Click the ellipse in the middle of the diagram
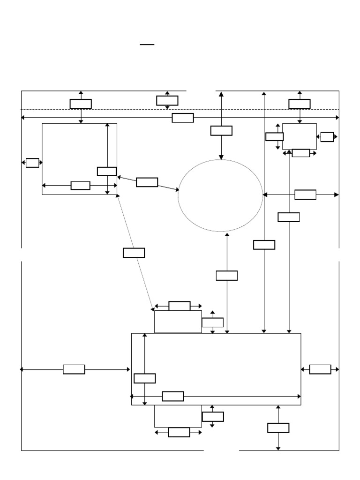220,195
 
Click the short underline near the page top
147,45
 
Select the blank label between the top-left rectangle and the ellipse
147,182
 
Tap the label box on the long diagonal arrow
134,253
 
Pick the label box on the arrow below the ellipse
227,275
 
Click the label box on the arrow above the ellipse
221,130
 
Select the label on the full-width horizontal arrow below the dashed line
182,118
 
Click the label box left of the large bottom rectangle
74,369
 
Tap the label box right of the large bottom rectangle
320,369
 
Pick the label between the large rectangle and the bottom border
278,427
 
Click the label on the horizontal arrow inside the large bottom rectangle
172,396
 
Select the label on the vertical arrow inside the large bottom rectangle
144,378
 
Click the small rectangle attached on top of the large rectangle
178,322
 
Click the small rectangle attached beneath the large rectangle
178,416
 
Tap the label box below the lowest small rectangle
179,432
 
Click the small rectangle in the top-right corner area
299,136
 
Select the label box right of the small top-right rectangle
327,136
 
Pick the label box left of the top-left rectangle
32,163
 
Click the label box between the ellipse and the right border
305,195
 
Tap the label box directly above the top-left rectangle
81,104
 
